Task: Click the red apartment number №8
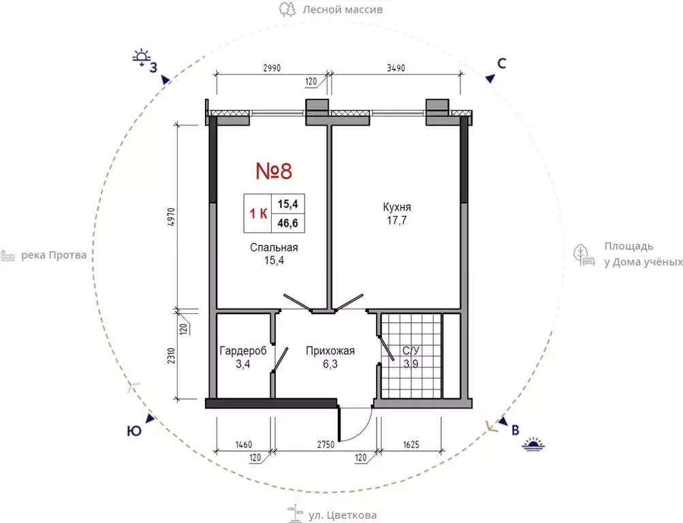pos(274,171)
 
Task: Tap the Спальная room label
pos(274,247)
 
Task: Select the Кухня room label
pos(397,207)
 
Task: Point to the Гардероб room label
pos(243,351)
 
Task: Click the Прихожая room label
pos(330,351)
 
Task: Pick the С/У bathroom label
pos(411,351)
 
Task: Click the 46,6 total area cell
pos(288,223)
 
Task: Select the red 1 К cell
pos(258,213)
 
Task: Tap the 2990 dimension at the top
pos(272,68)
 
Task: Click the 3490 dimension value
pos(396,68)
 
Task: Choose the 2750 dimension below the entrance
pos(325,445)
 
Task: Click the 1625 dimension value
pos(411,445)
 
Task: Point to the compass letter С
pos(502,63)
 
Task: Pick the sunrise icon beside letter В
pos(534,444)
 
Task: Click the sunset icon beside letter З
pos(142,58)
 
